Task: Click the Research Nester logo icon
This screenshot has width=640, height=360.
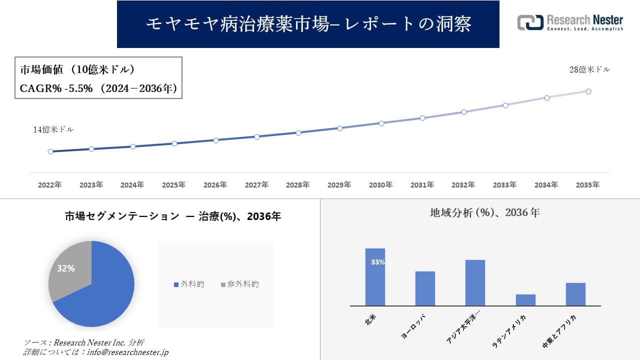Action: (530, 22)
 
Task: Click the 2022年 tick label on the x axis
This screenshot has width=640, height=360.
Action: (50, 185)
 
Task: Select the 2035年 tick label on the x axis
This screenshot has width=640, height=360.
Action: (587, 185)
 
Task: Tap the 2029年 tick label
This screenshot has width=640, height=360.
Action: (339, 185)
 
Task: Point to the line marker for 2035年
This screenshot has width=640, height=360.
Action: (588, 91)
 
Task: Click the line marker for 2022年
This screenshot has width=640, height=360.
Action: (50, 151)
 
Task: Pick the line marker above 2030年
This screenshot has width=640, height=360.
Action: (381, 123)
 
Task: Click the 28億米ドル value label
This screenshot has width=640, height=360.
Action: (589, 70)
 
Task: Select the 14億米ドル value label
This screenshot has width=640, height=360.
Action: (53, 129)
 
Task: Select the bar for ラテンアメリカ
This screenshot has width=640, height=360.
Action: (525, 300)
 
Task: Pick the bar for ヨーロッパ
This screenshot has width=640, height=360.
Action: (425, 288)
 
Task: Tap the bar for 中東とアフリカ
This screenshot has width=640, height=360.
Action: (575, 294)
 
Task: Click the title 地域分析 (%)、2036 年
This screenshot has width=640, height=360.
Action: (484, 212)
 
